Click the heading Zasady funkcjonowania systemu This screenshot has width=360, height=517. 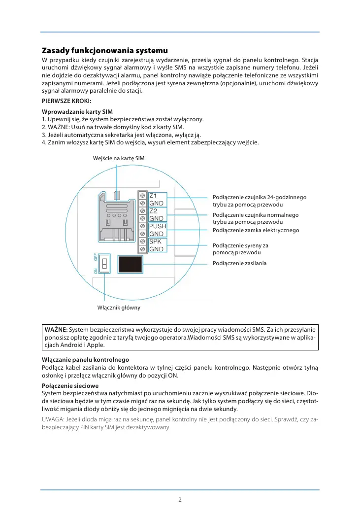point(105,51)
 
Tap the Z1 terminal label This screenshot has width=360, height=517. point(153,195)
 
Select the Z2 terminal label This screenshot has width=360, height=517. point(153,211)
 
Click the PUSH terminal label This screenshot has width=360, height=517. point(158,226)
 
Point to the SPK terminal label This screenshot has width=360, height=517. point(155,241)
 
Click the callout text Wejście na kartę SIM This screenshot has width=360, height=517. point(119,158)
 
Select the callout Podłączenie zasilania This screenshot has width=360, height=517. point(239,263)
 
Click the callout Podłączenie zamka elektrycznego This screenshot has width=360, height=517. point(256,230)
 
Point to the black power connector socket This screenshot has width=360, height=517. point(131,264)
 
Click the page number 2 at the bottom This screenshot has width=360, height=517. point(180,499)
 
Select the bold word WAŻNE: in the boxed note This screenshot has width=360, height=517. point(56,329)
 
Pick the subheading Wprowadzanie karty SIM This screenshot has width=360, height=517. point(77,112)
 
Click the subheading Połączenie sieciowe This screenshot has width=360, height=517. point(70,385)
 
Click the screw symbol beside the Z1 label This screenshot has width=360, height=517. point(142,195)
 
